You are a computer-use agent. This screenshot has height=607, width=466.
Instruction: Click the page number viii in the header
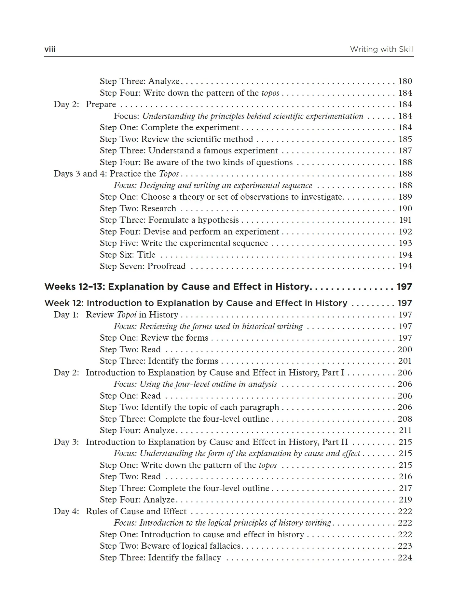coord(50,49)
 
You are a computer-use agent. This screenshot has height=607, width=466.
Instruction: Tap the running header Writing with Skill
coord(381,49)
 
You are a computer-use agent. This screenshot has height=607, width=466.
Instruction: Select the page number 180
coord(405,81)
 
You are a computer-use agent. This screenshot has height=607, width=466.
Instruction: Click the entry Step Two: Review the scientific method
coord(176,139)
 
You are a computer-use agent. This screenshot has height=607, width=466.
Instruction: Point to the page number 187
coord(405,150)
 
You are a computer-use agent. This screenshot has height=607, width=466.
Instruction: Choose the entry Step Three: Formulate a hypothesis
coord(169,220)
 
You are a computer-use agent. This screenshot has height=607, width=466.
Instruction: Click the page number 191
coord(405,220)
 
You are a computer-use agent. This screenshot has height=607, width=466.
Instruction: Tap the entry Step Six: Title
coord(128,255)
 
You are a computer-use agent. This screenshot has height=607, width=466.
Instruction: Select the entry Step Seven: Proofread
coord(143,266)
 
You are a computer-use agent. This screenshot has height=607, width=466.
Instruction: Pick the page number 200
coord(405,349)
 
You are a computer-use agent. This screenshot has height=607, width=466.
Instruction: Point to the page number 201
coord(405,361)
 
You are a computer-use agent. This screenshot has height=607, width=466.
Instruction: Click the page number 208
coord(405,419)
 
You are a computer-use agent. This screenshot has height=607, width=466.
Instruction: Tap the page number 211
coord(405,430)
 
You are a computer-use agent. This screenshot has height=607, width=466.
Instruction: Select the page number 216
coord(405,476)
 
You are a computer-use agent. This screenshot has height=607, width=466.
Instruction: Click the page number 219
coord(405,500)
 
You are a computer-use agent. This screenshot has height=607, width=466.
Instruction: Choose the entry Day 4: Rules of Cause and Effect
coord(120,511)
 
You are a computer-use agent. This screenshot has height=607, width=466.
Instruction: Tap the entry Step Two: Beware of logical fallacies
coord(170,546)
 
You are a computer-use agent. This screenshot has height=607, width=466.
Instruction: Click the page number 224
coord(405,558)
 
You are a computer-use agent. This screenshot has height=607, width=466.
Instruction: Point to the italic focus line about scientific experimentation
coord(238,116)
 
